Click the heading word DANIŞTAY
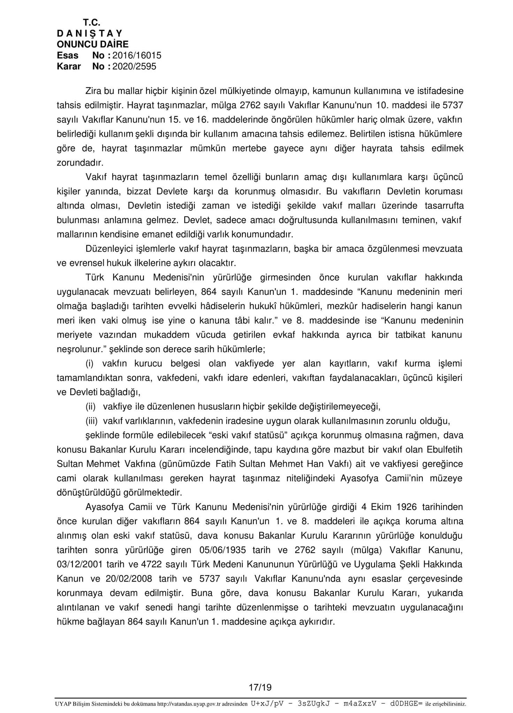tap(90, 33)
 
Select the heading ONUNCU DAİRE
tap(92, 44)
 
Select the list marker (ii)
tap(91, 406)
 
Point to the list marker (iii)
tap(92, 421)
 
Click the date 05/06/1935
tap(223, 550)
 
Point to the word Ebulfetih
tap(445, 449)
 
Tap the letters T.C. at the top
tap(92, 23)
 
